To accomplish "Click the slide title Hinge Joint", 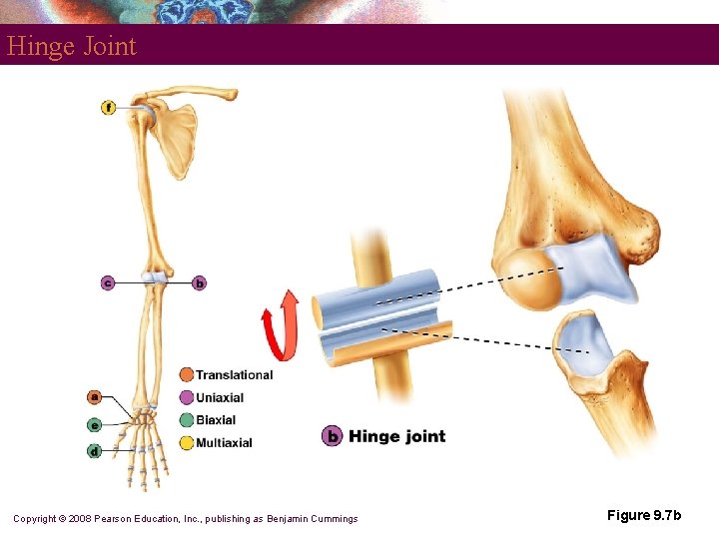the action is tap(71, 46).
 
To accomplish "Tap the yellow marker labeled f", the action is tap(108, 107).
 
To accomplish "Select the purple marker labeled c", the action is tap(108, 283).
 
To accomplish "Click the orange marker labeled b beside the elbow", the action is tap(199, 283).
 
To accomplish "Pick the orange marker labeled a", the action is tap(94, 396).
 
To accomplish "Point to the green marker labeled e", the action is tap(94, 424).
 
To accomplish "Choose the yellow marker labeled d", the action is tap(94, 451).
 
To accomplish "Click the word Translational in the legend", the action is tap(234, 375).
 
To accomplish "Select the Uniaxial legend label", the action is tap(220, 398).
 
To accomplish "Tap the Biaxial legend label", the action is tap(216, 420).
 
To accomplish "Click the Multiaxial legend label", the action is tap(224, 443).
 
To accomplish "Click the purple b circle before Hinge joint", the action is tap(333, 436).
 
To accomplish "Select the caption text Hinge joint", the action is tap(396, 436).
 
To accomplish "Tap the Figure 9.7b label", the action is tap(644, 516).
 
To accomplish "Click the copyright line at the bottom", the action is tap(185, 518).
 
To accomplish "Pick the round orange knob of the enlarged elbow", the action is tap(529, 279).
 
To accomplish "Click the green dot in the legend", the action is tap(187, 420).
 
